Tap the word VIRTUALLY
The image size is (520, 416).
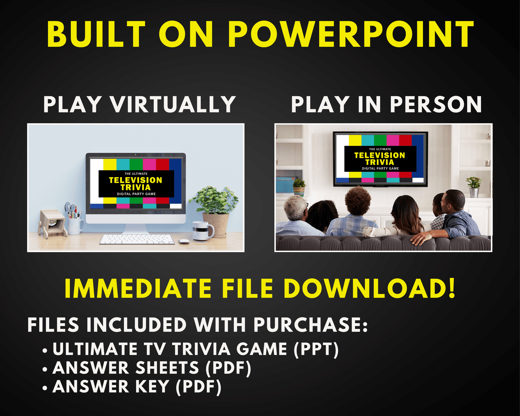pyautogui.click(x=173, y=104)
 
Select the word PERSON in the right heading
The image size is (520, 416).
pyautogui.click(x=436, y=104)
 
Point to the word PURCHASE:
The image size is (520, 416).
pyautogui.click(x=311, y=325)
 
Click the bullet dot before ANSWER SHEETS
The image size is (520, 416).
pyautogui.click(x=45, y=370)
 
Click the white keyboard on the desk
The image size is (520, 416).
pyautogui.click(x=137, y=239)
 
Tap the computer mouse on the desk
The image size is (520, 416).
pyautogui.click(x=184, y=242)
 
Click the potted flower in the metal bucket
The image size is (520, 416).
pyautogui.click(x=474, y=187)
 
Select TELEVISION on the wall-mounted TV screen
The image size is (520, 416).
pyautogui.click(x=380, y=155)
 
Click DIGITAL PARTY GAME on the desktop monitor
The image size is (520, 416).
pyautogui.click(x=136, y=194)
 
